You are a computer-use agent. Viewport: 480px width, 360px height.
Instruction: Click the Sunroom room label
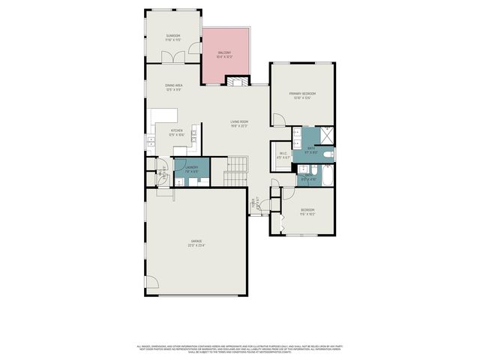[x=173, y=35]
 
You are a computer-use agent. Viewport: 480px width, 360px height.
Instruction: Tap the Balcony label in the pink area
[x=224, y=52]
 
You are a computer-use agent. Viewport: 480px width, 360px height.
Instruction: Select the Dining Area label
[x=175, y=85]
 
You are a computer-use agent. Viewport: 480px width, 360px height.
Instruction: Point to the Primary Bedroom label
[x=302, y=93]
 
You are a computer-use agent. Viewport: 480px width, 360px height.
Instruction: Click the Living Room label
[x=239, y=121]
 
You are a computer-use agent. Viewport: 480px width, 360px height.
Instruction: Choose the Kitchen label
[x=177, y=130]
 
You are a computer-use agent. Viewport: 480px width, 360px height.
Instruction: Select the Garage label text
[x=196, y=240]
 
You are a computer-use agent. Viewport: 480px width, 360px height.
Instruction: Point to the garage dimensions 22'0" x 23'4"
[x=196, y=244]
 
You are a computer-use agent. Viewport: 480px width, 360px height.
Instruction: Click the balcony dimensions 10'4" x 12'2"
[x=224, y=56]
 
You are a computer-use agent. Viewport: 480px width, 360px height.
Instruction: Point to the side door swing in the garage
[x=151, y=282]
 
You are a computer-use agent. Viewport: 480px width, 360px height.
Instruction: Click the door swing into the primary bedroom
[x=277, y=119]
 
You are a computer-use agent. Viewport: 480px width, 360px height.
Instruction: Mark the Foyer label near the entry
[x=254, y=201]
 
